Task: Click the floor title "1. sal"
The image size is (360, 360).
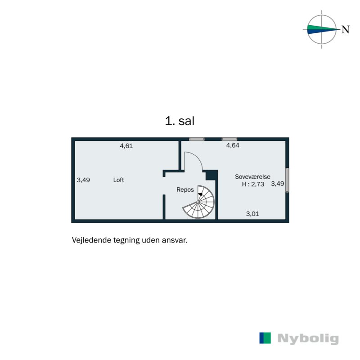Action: (x=180, y=121)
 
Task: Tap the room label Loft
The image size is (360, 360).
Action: (x=118, y=180)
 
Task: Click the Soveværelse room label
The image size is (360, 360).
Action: (x=252, y=177)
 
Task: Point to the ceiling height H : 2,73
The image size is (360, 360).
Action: (x=252, y=184)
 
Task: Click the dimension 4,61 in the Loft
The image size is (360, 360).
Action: (x=126, y=146)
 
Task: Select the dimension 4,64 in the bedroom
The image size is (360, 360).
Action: (x=233, y=145)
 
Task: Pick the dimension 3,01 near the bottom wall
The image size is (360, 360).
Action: (x=252, y=214)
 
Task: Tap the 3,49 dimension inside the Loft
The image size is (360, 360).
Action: (x=83, y=180)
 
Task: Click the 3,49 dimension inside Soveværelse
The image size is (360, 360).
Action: (x=277, y=184)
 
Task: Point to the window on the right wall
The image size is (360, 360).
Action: (x=287, y=180)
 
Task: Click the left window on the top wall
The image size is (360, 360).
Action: (x=197, y=139)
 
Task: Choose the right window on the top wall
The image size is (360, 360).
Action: (x=229, y=139)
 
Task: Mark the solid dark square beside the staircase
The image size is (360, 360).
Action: (x=211, y=175)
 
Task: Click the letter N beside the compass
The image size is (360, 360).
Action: (x=345, y=30)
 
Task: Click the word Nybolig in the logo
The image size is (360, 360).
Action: (x=308, y=338)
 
